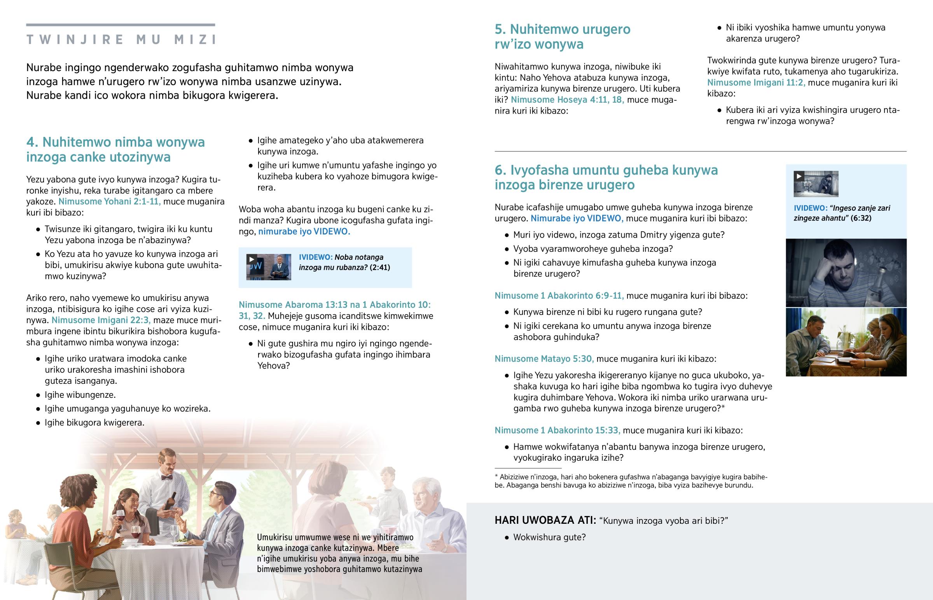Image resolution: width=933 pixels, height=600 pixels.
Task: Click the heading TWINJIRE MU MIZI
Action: [121, 39]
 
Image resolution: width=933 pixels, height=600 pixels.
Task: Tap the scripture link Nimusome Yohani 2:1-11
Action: [109, 201]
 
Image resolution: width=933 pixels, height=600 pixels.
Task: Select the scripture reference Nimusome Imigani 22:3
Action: [101, 320]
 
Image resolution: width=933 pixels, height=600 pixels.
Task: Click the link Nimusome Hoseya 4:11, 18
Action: [567, 100]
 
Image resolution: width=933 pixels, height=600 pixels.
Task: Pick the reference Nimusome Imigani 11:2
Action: [756, 82]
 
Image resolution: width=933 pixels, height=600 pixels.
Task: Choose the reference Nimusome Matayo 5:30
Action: [544, 359]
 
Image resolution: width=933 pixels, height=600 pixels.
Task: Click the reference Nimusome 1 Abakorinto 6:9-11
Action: [559, 296]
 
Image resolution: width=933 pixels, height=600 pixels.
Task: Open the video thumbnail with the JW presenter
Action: [269, 267]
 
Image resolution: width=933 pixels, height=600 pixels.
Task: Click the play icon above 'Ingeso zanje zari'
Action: [798, 177]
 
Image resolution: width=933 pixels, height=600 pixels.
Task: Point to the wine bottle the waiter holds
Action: [170, 501]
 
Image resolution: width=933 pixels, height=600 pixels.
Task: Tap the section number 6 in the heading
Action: [500, 170]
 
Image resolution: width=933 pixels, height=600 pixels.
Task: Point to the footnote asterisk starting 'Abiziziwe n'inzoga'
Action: [496, 476]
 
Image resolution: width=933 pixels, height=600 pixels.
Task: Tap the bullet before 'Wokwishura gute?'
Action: [507, 538]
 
